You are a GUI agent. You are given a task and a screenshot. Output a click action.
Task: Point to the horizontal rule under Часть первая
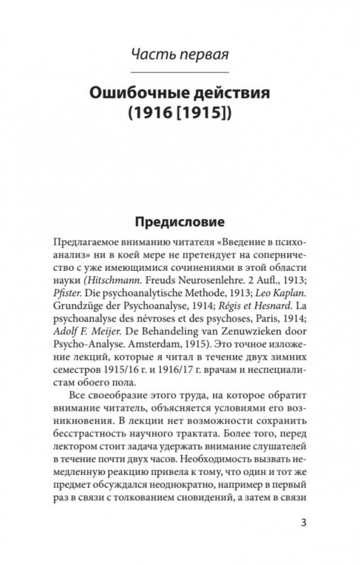pyautogui.click(x=180, y=73)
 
